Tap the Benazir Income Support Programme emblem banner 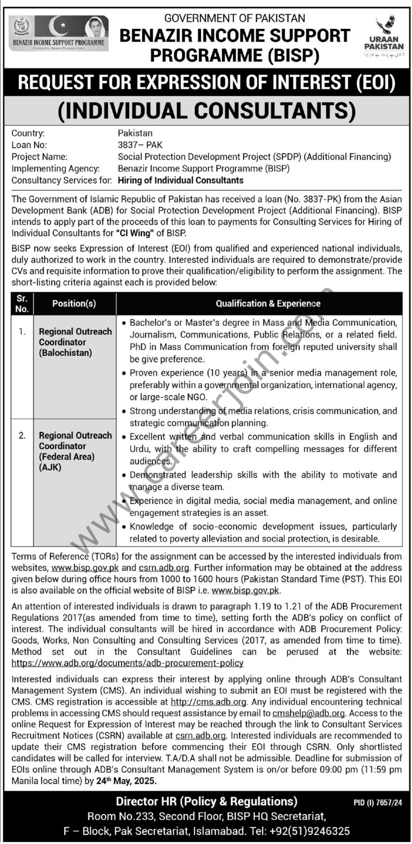(58, 33)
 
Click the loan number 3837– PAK (140, 145)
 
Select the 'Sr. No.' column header (22, 303)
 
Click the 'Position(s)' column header (74, 304)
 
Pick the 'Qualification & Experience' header (268, 304)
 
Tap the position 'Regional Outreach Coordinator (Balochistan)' (75, 342)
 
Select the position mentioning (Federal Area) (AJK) (75, 451)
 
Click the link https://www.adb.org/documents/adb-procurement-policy (127, 663)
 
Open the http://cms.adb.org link (208, 702)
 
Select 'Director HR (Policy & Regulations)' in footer (207, 802)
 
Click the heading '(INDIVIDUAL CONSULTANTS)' (206, 111)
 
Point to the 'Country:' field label (28, 133)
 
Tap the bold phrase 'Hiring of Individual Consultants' (180, 180)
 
